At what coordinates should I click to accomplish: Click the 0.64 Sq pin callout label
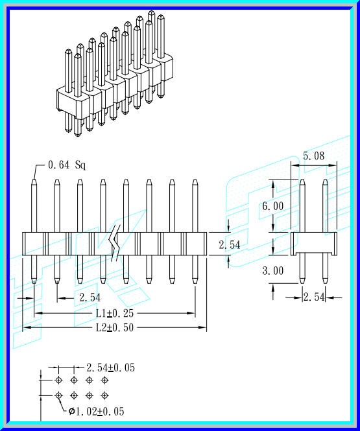click(x=67, y=165)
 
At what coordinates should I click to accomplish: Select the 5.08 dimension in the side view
click(x=315, y=156)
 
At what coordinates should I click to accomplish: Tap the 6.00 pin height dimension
click(x=273, y=205)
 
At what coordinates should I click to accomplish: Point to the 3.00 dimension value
click(x=273, y=271)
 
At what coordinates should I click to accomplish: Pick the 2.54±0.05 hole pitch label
click(x=110, y=367)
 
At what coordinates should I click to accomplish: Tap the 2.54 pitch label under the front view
click(x=89, y=297)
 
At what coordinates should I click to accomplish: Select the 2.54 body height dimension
click(x=230, y=245)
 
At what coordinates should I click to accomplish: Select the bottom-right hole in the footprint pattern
click(x=104, y=395)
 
